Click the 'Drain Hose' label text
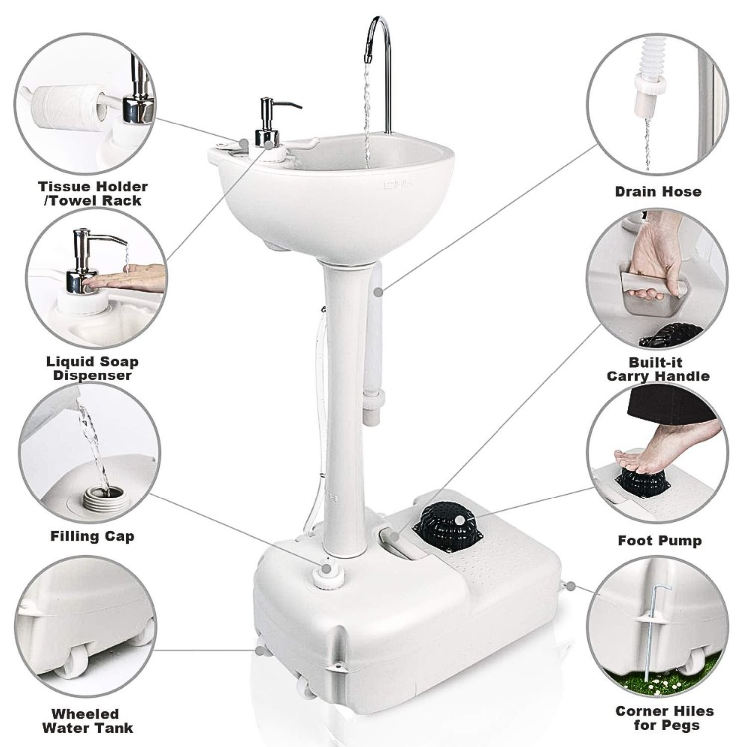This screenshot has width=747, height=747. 657,192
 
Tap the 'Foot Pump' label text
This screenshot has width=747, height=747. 659,540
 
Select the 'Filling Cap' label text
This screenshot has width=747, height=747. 92,536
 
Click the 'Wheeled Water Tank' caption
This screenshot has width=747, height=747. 88,721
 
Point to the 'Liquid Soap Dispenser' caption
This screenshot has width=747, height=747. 92,368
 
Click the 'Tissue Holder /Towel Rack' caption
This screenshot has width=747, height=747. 93,193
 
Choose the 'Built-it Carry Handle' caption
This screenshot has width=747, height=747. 657,369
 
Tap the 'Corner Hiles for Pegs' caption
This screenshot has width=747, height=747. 664,718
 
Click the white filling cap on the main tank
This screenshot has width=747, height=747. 327,578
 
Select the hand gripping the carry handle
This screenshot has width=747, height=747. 652,259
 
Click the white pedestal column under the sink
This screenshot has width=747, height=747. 344,398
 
